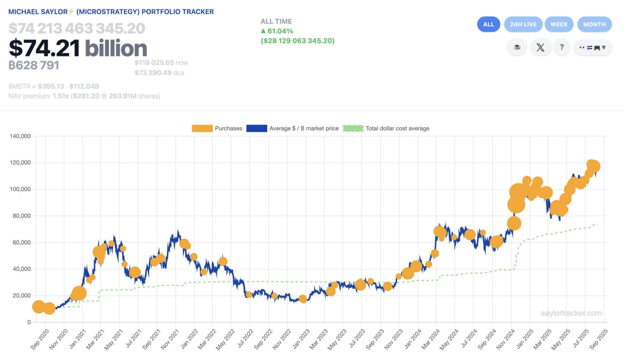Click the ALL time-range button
click(x=488, y=24)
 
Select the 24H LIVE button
click(x=523, y=24)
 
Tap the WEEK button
click(x=559, y=24)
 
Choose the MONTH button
click(x=594, y=24)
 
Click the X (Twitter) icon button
click(x=540, y=47)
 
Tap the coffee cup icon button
click(x=517, y=47)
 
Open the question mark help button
click(x=562, y=47)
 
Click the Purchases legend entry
click(x=217, y=129)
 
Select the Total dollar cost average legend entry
click(x=386, y=129)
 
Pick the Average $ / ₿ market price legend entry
click(x=292, y=129)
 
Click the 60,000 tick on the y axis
click(x=21, y=243)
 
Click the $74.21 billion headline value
click(x=78, y=49)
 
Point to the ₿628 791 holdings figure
click(x=34, y=65)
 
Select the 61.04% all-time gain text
click(x=277, y=31)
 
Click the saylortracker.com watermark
click(x=571, y=313)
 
